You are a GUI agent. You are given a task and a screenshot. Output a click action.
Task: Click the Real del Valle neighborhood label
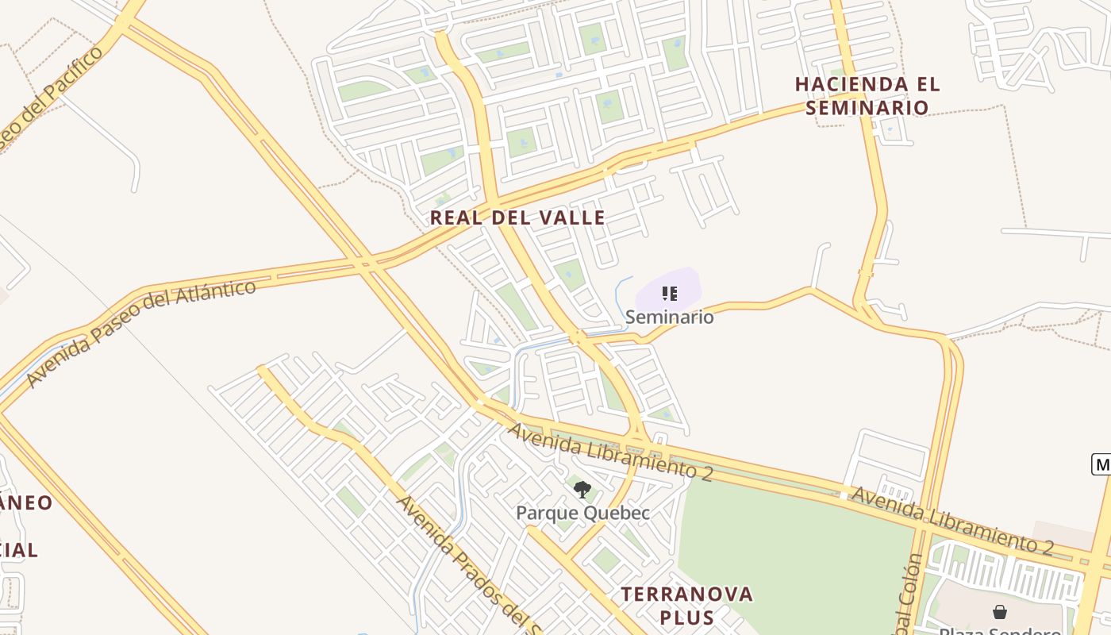tap(517, 217)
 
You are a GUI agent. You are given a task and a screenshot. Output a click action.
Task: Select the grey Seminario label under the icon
tap(669, 317)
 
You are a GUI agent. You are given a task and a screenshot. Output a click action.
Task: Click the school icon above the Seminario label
tap(669, 294)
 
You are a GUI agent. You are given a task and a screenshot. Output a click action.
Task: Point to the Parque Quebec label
tap(582, 513)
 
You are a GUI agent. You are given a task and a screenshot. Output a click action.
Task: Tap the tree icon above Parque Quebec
tap(582, 489)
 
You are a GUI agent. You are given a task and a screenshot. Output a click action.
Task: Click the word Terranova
tap(686, 594)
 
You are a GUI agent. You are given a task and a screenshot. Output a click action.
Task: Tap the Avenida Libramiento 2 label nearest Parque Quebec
tap(611, 452)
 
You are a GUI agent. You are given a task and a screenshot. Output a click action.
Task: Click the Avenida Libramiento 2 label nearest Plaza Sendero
tap(952, 521)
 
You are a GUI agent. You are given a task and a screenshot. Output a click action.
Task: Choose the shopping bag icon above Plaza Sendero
tap(1000, 612)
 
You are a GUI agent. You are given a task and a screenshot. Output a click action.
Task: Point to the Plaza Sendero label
tap(1000, 631)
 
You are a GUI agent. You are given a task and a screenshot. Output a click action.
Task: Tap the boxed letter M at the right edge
tap(1101, 464)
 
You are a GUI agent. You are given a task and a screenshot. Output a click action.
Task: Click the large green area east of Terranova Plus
tap(794, 556)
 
